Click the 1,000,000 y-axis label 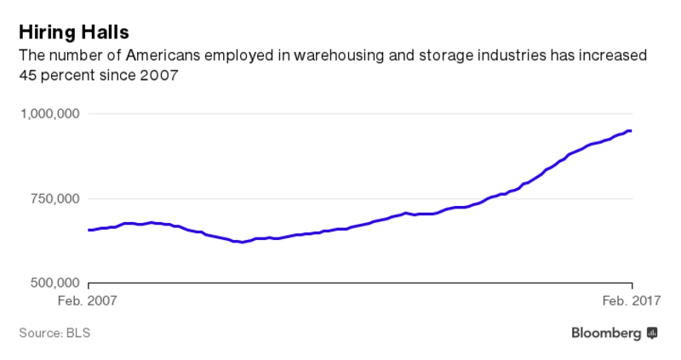point(49,114)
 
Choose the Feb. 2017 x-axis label point(631,300)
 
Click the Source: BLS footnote point(54,333)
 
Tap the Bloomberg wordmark point(605,333)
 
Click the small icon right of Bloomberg point(652,333)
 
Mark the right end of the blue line point(630,130)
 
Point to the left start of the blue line point(89,230)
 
